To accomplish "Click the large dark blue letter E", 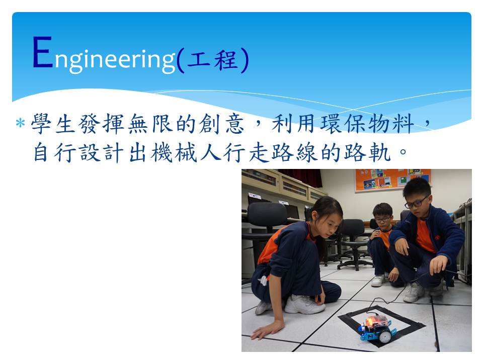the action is [42, 52].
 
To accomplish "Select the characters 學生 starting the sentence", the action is [54, 124].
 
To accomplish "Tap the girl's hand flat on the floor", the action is [267, 330].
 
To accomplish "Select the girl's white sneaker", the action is [304, 304].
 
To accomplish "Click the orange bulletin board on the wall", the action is [393, 180].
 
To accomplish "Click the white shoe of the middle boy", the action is [378, 280].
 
